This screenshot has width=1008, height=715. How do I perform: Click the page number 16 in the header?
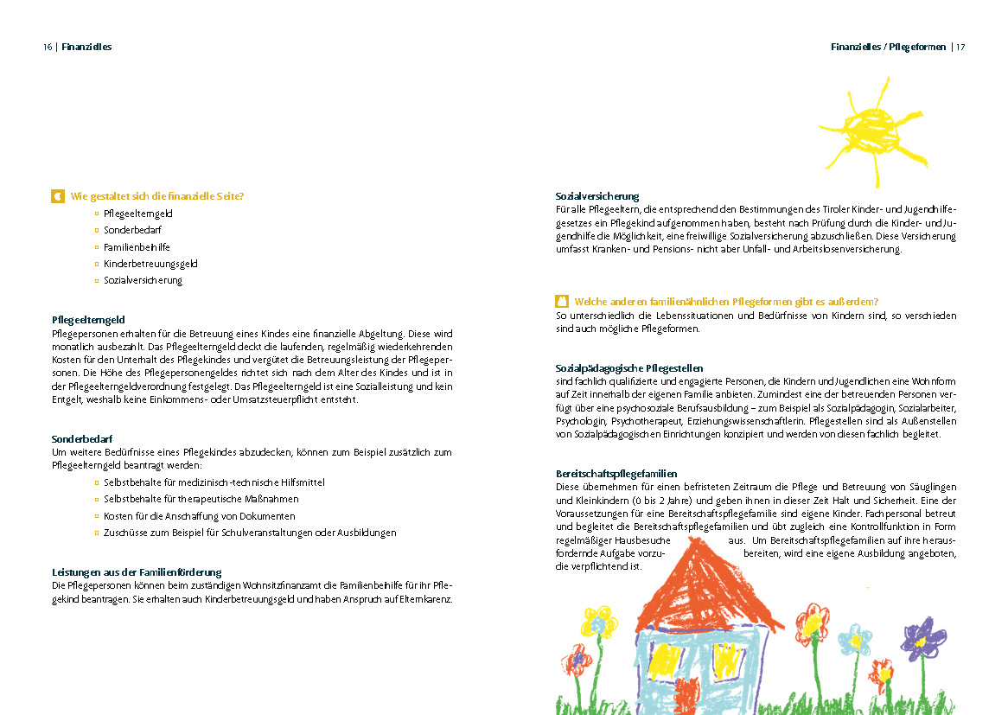click(48, 47)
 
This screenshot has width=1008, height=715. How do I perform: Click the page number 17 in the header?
click(960, 47)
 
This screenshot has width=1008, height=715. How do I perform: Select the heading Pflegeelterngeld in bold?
click(88, 320)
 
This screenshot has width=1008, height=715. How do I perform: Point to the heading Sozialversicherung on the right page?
click(597, 196)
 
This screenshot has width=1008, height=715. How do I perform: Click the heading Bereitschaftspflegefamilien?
click(616, 474)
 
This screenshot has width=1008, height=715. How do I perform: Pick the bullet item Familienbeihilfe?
click(137, 247)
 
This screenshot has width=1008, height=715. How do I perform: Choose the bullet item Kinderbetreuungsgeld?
click(145, 264)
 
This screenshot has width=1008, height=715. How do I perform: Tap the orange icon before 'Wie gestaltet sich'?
click(58, 196)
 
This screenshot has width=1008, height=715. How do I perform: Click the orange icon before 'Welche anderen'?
click(562, 302)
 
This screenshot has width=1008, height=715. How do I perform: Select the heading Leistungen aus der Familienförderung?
click(137, 572)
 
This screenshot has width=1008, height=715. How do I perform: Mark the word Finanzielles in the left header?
click(87, 47)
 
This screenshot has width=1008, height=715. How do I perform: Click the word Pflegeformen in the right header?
click(918, 47)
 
